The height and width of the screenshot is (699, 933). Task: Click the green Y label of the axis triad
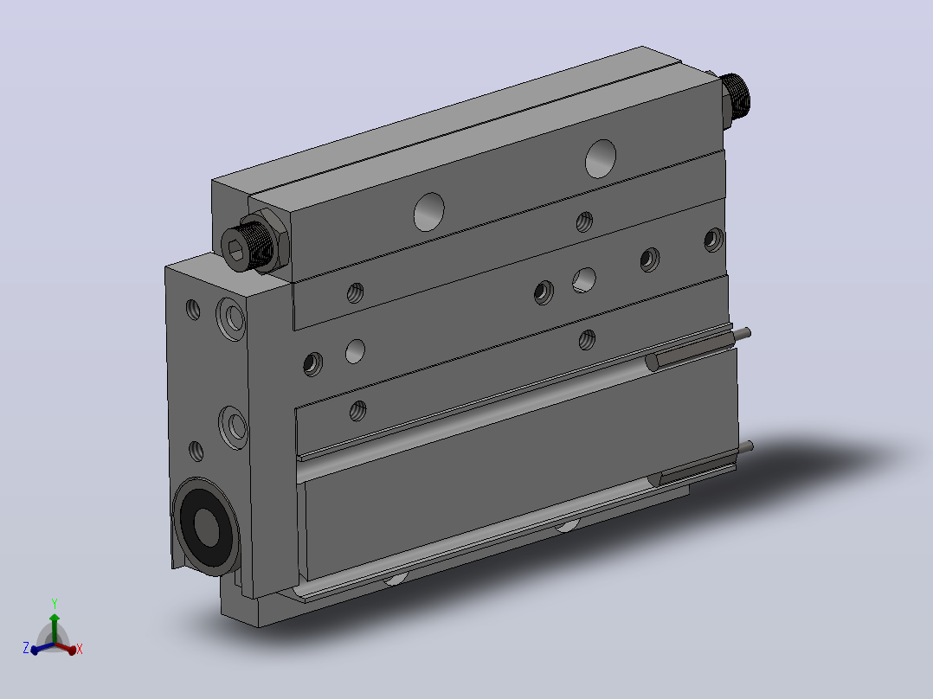coord(55,604)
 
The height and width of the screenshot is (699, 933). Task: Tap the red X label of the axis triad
coord(79,649)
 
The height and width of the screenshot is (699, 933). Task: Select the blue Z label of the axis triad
coord(26,648)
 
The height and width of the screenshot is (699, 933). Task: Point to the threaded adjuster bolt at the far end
coord(736,97)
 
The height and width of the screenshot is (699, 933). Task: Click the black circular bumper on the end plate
coord(206,526)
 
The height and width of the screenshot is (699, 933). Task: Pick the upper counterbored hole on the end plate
coord(231,318)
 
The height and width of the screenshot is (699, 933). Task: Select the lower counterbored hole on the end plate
coord(234,426)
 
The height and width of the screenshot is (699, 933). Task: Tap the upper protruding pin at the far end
coord(742,335)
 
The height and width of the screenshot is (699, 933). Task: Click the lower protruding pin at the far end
coord(744,447)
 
